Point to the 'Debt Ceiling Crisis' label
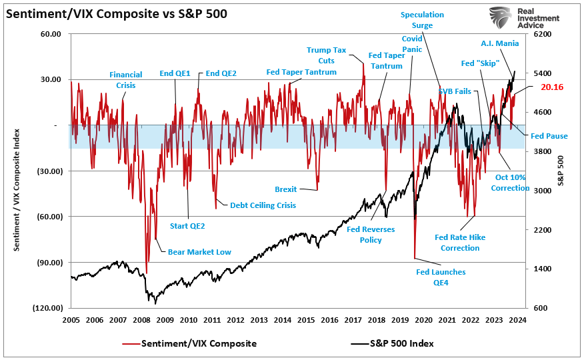[x=263, y=205]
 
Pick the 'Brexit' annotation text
[x=286, y=189]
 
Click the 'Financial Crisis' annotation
[x=126, y=80]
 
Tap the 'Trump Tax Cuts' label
[x=327, y=55]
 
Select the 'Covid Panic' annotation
[x=412, y=44]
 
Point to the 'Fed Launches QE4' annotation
[x=441, y=277]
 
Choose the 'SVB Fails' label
[x=455, y=91]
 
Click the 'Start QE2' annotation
[x=188, y=226]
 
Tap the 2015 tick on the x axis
[x=306, y=320]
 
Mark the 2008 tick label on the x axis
[x=141, y=320]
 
